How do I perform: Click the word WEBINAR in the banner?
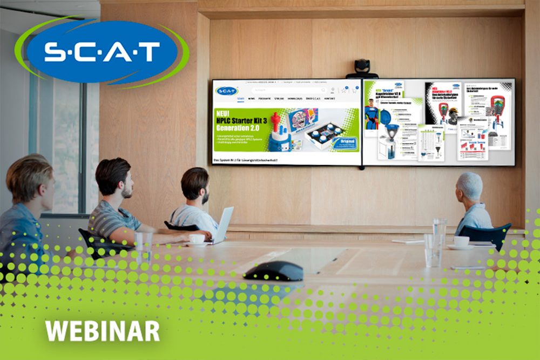pyautogui.click(x=103, y=330)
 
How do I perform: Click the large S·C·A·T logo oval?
pyautogui.click(x=102, y=52)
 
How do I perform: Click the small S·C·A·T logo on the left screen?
pyautogui.click(x=227, y=91)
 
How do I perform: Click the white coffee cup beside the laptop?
pyautogui.click(x=197, y=239)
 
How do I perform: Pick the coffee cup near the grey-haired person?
pyautogui.click(x=461, y=241)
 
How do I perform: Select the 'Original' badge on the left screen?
pyautogui.click(x=343, y=143)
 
